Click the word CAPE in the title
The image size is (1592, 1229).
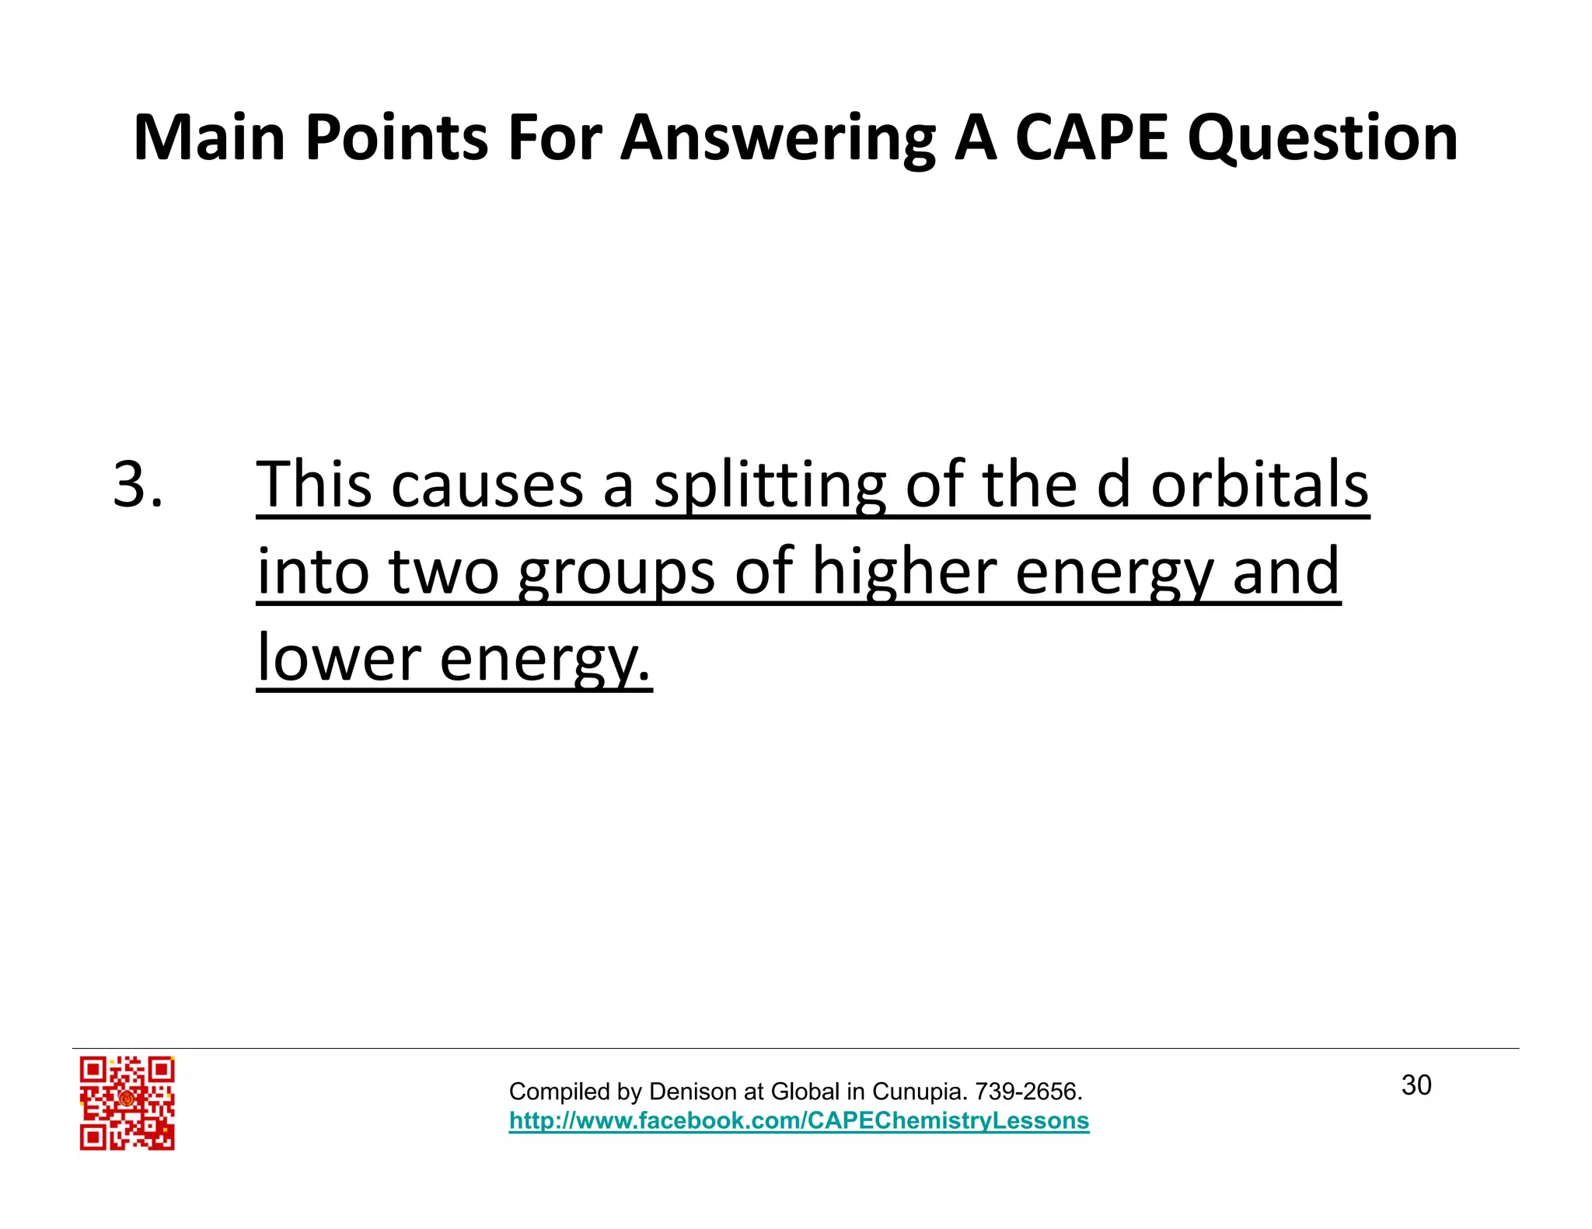click(1091, 138)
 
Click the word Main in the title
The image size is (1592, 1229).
click(209, 138)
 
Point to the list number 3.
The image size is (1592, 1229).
click(138, 484)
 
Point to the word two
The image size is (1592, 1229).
click(443, 572)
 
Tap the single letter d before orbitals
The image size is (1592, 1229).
click(1113, 484)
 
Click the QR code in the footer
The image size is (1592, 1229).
click(127, 1102)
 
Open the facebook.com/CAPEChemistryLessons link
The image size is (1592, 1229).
click(799, 1120)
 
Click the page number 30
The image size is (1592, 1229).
click(1416, 1085)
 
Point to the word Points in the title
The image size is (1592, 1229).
click(396, 138)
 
